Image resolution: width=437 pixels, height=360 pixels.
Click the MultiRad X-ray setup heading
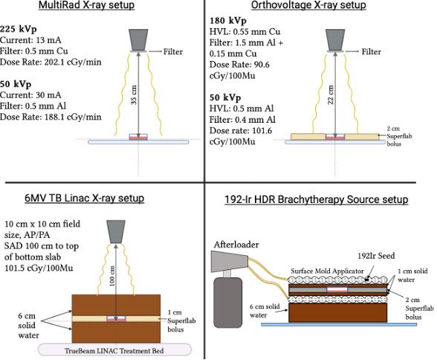click(x=86, y=5)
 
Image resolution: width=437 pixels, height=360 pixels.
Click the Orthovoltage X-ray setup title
click(x=308, y=5)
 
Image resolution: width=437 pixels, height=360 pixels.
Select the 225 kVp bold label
click(x=19, y=29)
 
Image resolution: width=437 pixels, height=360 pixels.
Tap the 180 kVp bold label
click(x=228, y=21)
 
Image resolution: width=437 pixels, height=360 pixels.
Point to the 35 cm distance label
click(x=134, y=94)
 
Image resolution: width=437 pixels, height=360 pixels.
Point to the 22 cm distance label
click(x=331, y=94)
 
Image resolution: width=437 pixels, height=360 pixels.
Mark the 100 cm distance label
click(x=112, y=276)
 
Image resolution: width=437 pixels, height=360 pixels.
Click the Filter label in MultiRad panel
click(x=172, y=52)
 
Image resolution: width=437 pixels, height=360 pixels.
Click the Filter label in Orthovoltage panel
click(x=372, y=52)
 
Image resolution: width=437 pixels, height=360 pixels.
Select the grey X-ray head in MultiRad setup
click(x=138, y=39)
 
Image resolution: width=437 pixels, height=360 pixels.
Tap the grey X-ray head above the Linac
click(x=116, y=231)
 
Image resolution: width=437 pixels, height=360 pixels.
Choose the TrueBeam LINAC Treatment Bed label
click(x=114, y=351)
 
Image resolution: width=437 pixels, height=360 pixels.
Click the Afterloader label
click(x=236, y=245)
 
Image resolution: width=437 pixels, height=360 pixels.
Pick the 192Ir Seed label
click(x=376, y=256)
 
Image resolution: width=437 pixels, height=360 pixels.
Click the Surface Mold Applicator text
click(x=327, y=271)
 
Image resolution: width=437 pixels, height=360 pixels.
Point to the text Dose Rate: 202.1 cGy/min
click(x=51, y=62)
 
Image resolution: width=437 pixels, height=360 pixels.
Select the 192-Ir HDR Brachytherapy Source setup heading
click(x=317, y=199)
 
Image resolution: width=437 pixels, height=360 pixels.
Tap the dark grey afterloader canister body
click(x=227, y=303)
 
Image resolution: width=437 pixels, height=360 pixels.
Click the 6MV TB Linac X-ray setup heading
click(x=85, y=199)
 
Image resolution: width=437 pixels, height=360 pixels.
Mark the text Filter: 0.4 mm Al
click(x=242, y=120)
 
